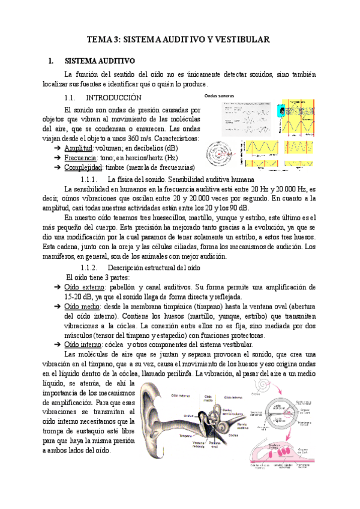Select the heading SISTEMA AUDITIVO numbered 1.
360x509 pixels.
click(x=100, y=61)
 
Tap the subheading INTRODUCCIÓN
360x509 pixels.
click(x=113, y=97)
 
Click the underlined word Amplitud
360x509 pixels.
click(x=78, y=148)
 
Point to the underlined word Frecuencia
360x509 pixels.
click(x=81, y=157)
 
